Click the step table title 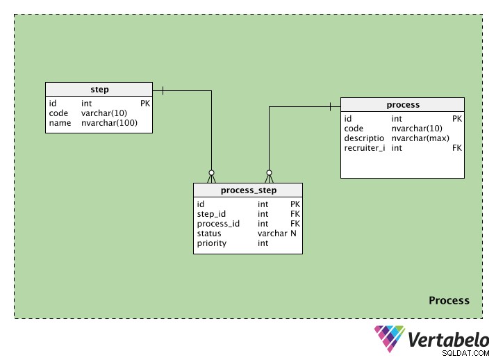coord(99,90)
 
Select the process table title coord(403,105)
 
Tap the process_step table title coord(249,190)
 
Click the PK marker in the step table coord(145,104)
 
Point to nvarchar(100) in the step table coord(110,123)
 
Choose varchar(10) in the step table coord(104,113)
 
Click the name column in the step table coord(60,123)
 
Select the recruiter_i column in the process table coord(365,148)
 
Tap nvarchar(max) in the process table coord(420,138)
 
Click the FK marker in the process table coord(457,148)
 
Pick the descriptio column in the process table coord(364,138)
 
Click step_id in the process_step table coord(211,214)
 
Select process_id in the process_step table coord(218,224)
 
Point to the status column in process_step coord(209,234)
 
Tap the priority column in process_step coord(212,243)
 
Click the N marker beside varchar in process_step coord(293,234)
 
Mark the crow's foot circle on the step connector coord(212,173)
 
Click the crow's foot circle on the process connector coord(270,173)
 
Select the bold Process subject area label coord(449,300)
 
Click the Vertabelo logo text coord(449,340)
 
